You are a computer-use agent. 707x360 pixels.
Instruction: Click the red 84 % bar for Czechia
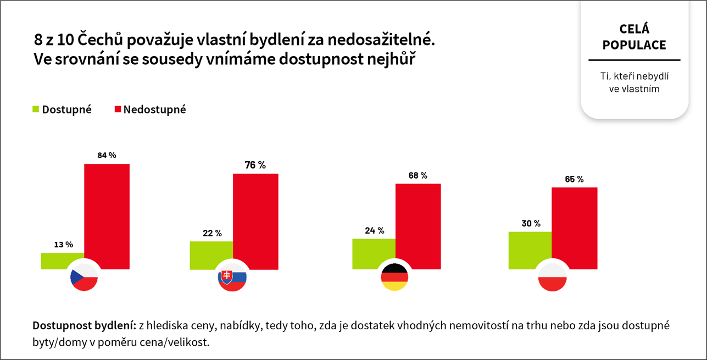(x=107, y=214)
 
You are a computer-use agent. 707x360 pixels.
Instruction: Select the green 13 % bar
(x=62, y=261)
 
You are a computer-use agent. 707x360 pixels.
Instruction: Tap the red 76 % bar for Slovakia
(x=255, y=220)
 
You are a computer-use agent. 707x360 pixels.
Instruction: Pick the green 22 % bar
(x=211, y=254)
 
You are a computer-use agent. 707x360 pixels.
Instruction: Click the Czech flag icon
(x=83, y=278)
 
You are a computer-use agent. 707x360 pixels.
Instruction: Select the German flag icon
(x=394, y=278)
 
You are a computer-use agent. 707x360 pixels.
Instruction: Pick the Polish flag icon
(x=552, y=278)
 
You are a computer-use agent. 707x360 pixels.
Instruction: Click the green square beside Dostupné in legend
(x=36, y=109)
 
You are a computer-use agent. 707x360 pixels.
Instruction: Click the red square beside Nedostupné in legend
(x=118, y=109)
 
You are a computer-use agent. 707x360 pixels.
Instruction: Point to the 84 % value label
(x=107, y=155)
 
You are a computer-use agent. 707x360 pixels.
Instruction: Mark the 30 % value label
(x=530, y=223)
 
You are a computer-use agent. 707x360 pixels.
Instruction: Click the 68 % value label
(x=417, y=175)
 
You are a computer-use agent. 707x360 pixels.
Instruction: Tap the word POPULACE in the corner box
(x=634, y=45)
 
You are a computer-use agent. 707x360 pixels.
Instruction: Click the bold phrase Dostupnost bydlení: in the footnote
(x=84, y=325)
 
